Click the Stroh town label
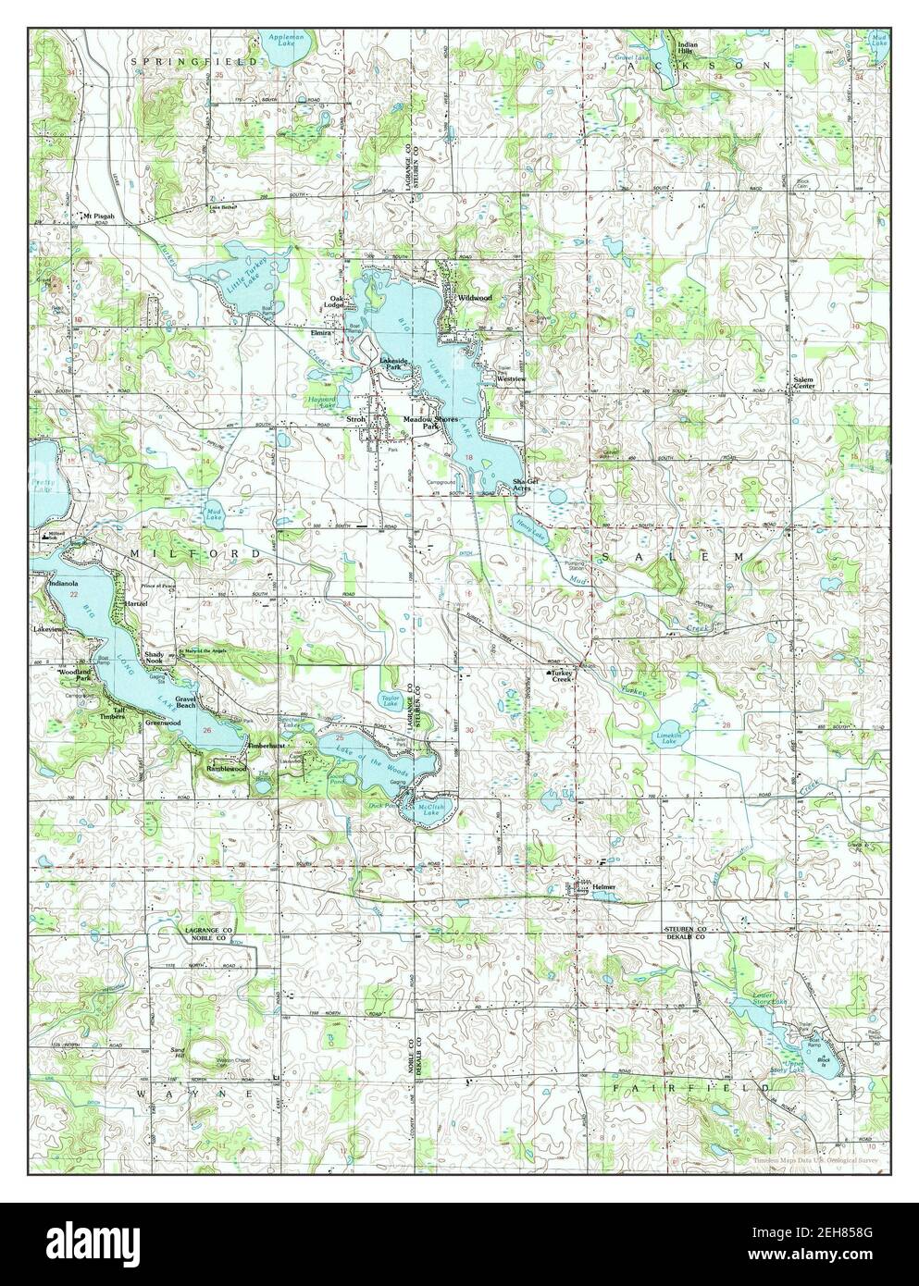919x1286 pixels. pyautogui.click(x=355, y=419)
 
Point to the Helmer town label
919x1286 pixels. pyautogui.click(x=603, y=886)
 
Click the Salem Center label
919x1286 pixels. pyautogui.click(x=801, y=383)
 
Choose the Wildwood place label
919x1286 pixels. pyautogui.click(x=475, y=298)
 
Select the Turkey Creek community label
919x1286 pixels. pyautogui.click(x=563, y=676)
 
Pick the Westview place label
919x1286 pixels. pyautogui.click(x=511, y=379)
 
